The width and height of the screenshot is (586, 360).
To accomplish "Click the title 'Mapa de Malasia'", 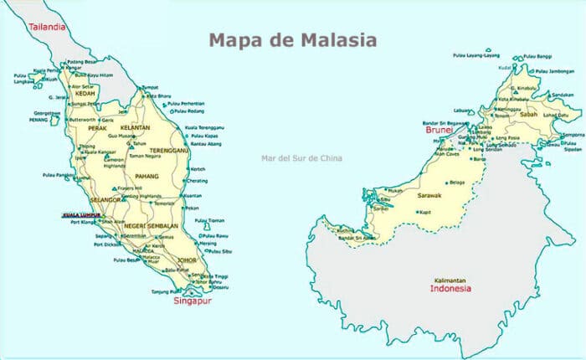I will (292, 40).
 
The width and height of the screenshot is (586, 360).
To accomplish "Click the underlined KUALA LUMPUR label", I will (80, 215).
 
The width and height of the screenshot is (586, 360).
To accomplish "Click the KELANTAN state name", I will (133, 128).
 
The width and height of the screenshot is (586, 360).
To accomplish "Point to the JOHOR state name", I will (187, 260).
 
